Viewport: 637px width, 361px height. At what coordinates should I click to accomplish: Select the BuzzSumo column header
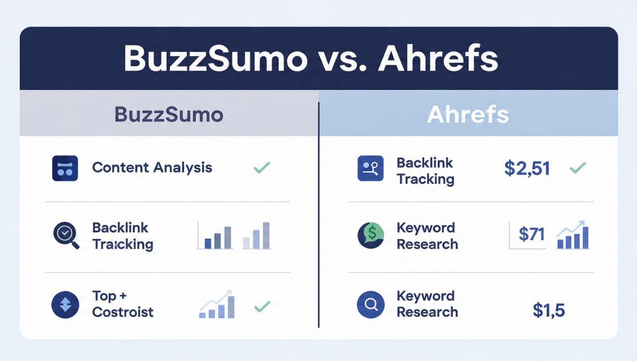pyautogui.click(x=169, y=115)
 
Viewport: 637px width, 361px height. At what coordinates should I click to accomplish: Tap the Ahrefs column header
pyautogui.click(x=468, y=115)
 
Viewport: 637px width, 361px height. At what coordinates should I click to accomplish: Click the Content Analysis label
pyautogui.click(x=152, y=167)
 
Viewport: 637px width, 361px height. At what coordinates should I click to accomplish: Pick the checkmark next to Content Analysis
pyautogui.click(x=262, y=167)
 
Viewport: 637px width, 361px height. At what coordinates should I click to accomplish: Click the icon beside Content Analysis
pyautogui.click(x=65, y=168)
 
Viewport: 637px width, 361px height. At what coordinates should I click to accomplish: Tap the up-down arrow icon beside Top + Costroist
pyautogui.click(x=65, y=305)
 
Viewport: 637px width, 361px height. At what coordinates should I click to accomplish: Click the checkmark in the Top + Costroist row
pyautogui.click(x=262, y=306)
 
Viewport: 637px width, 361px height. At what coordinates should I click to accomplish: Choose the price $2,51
pyautogui.click(x=526, y=168)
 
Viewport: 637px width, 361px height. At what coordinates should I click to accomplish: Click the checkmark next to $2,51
pyautogui.click(x=578, y=167)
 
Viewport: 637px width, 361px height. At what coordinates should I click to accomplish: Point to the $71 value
pyautogui.click(x=531, y=235)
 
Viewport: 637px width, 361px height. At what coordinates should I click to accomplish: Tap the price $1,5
pyautogui.click(x=549, y=310)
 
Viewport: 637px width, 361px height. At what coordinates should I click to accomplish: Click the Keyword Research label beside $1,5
pyautogui.click(x=426, y=304)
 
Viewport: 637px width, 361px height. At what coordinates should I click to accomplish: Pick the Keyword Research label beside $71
pyautogui.click(x=427, y=236)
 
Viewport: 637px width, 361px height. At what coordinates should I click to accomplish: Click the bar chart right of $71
pyautogui.click(x=573, y=235)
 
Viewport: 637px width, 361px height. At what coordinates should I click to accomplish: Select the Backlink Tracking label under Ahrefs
pyautogui.click(x=425, y=171)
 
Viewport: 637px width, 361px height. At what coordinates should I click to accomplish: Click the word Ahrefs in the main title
pyautogui.click(x=439, y=59)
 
